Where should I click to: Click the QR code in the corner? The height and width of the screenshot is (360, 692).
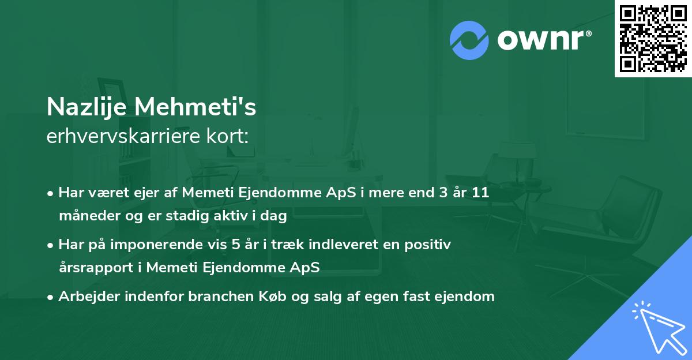pos(653,38)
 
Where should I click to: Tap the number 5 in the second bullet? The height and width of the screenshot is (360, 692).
pos(235,245)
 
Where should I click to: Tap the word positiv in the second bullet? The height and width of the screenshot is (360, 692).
pos(429,245)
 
